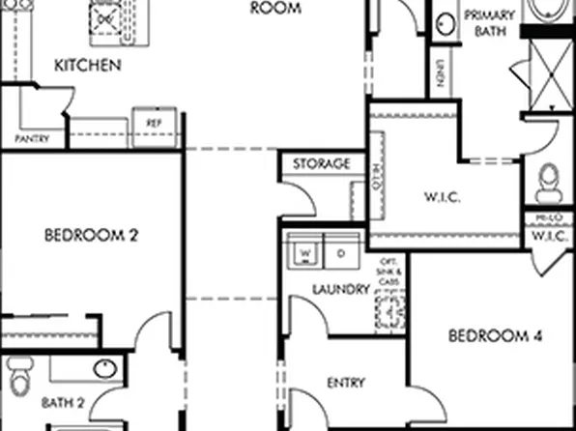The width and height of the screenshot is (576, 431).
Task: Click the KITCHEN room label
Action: pos(87,66)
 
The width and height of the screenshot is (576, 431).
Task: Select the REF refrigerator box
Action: pos(154,124)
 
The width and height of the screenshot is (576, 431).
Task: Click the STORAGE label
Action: pos(321,164)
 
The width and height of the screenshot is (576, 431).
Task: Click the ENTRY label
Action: pos(345,383)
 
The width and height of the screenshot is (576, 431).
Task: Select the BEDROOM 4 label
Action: pos(496,336)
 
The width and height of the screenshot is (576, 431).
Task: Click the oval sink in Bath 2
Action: pos(104,368)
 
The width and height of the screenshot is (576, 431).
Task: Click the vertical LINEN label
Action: pos(440,72)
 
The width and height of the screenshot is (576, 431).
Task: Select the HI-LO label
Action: pos(548,219)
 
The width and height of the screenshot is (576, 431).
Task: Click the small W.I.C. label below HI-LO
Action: pos(549,236)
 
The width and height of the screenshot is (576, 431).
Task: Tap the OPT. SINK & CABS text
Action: pos(389,272)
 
